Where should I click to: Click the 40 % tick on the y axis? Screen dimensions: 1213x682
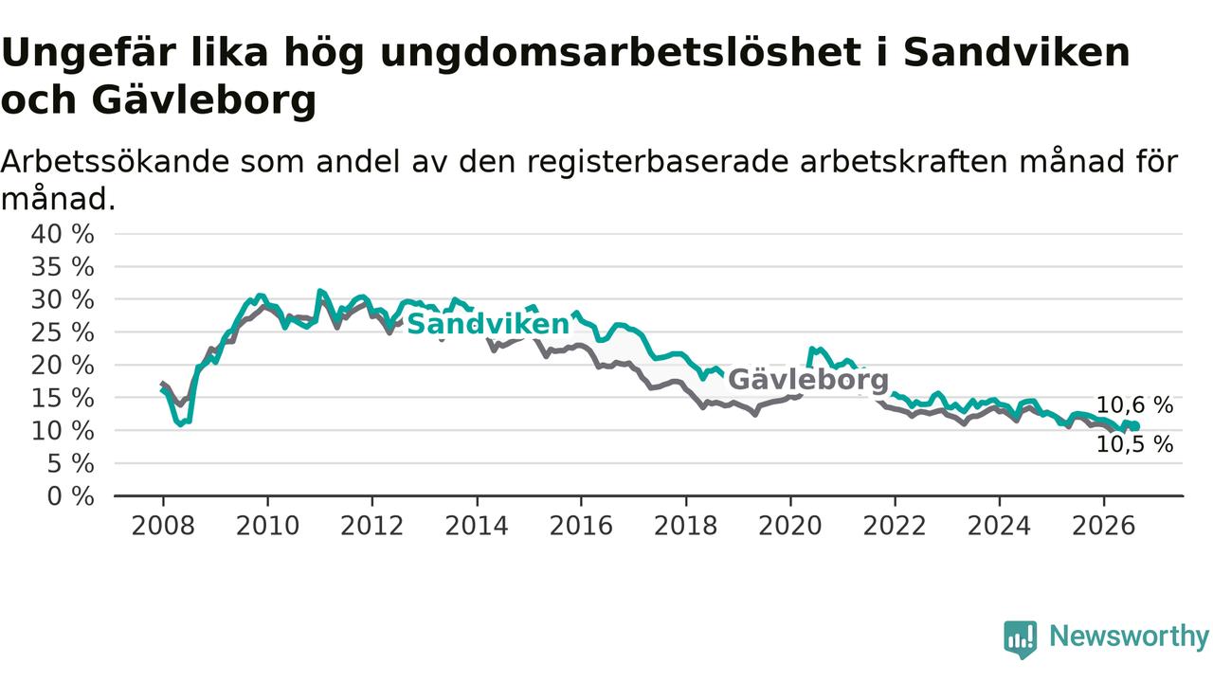(x=63, y=234)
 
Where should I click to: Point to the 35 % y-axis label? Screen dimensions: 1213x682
(x=63, y=267)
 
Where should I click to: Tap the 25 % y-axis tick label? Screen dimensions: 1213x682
(x=63, y=332)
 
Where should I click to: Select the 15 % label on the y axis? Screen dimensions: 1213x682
(x=63, y=398)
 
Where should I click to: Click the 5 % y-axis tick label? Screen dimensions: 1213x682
(x=71, y=464)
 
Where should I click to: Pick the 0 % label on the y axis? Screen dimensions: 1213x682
(x=71, y=496)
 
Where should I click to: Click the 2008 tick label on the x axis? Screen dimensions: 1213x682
(x=163, y=526)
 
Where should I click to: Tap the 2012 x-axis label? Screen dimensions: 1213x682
(x=372, y=526)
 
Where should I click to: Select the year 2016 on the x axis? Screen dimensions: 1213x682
(x=581, y=526)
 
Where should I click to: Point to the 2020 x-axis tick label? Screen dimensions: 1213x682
(x=790, y=526)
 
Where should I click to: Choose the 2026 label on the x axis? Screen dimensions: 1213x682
(x=1104, y=526)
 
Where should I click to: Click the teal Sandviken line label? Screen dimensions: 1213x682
(x=488, y=324)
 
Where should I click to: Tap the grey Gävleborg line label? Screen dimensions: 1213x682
(x=808, y=380)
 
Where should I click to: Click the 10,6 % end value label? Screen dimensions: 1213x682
(x=1134, y=404)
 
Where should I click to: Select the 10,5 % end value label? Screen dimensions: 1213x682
(x=1134, y=444)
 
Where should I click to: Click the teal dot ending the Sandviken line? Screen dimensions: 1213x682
(x=1135, y=426)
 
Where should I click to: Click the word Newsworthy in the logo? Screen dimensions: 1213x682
(x=1129, y=637)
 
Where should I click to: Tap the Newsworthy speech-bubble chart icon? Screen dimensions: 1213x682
(x=1021, y=639)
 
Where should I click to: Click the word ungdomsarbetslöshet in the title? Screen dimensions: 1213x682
(x=621, y=54)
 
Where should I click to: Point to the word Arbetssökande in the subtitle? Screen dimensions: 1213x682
(x=115, y=162)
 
